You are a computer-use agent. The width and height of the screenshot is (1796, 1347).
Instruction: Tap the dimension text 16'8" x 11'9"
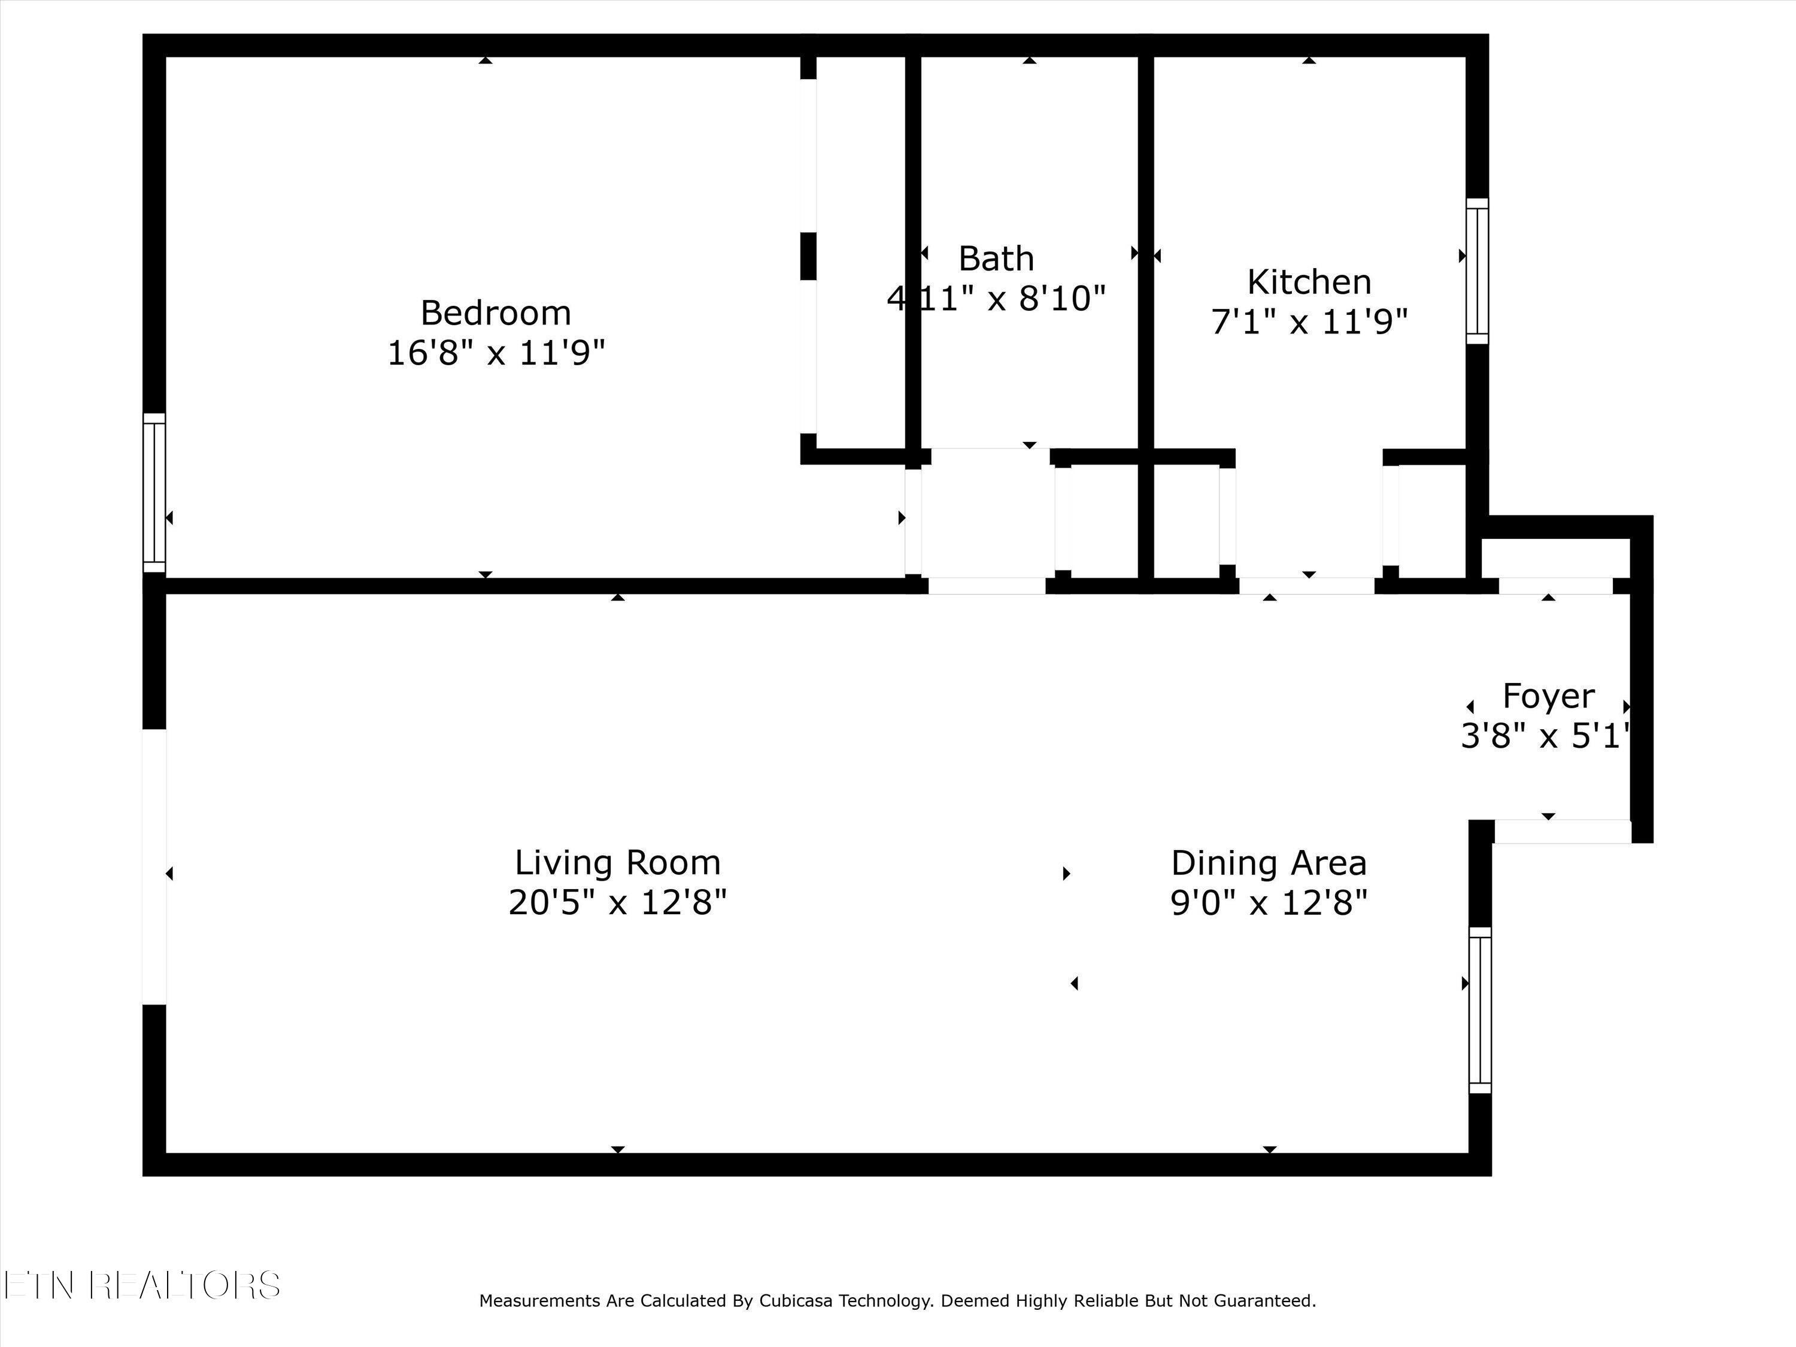tap(495, 353)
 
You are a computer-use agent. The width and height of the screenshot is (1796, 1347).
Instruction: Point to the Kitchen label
tap(1309, 283)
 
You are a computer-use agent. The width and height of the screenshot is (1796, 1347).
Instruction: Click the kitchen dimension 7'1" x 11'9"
tap(1309, 322)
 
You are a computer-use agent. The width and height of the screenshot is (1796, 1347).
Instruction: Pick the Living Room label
tap(617, 862)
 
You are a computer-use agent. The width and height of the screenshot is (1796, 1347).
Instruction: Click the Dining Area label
tap(1268, 862)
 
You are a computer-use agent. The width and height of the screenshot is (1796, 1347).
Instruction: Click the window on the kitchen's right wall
tap(1477, 271)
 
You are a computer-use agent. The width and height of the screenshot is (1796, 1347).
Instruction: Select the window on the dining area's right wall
tap(1480, 1010)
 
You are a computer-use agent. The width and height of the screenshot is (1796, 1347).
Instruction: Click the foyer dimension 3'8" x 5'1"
tap(1545, 736)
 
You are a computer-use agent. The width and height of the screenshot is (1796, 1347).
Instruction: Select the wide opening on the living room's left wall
tap(154, 866)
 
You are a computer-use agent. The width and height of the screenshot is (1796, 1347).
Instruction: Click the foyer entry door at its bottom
tap(1562, 832)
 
